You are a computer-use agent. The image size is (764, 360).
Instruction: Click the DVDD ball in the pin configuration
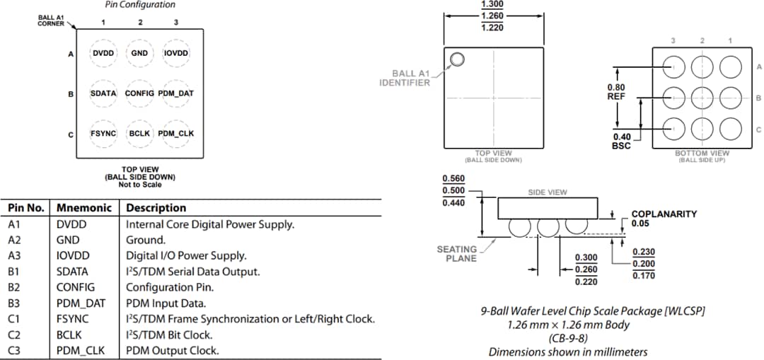[104, 53]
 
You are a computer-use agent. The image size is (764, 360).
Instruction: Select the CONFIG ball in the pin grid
[139, 93]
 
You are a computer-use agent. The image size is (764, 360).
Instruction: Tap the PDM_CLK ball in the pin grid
[175, 133]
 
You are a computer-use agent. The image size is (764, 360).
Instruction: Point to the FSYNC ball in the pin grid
[104, 133]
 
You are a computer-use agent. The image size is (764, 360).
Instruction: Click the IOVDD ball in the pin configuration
[175, 53]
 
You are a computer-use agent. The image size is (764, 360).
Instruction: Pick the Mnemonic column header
[84, 208]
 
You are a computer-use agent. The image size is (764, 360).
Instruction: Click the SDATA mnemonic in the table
[72, 272]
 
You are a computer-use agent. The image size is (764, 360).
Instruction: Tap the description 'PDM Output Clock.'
[172, 351]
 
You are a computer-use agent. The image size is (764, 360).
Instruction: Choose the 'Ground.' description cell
[145, 240]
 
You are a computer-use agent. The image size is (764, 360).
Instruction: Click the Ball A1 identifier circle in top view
[457, 59]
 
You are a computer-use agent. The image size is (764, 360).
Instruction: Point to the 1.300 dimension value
[492, 4]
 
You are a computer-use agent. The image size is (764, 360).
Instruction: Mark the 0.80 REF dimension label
[616, 92]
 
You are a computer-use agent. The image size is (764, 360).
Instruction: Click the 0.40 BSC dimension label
[621, 141]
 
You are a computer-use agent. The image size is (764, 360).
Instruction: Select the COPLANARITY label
[664, 214]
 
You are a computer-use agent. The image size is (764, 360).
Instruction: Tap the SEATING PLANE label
[457, 254]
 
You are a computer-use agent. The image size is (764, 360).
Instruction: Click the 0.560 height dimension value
[453, 179]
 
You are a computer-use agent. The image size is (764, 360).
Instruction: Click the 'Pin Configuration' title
[139, 5]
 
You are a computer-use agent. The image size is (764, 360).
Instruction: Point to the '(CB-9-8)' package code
[568, 338]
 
